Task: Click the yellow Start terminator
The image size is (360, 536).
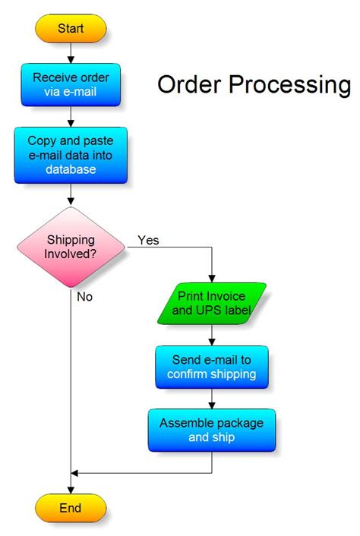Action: (71, 29)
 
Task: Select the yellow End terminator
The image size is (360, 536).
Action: (71, 507)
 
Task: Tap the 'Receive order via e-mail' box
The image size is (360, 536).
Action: (71, 85)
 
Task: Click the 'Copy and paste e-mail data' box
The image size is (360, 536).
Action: (71, 155)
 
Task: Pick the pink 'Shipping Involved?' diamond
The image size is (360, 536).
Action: (71, 246)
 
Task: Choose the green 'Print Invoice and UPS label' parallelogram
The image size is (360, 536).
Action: (212, 303)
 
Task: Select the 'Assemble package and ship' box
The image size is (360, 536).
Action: (212, 430)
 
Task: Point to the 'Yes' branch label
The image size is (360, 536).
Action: (148, 240)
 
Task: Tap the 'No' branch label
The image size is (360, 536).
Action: (84, 297)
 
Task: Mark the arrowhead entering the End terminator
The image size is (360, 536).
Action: (71, 489)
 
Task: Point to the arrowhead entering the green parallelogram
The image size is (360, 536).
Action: (212, 278)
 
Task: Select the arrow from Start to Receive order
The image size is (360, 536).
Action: (71, 52)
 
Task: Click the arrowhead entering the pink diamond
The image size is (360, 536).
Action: (71, 201)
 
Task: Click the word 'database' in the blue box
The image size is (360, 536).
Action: (71, 169)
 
